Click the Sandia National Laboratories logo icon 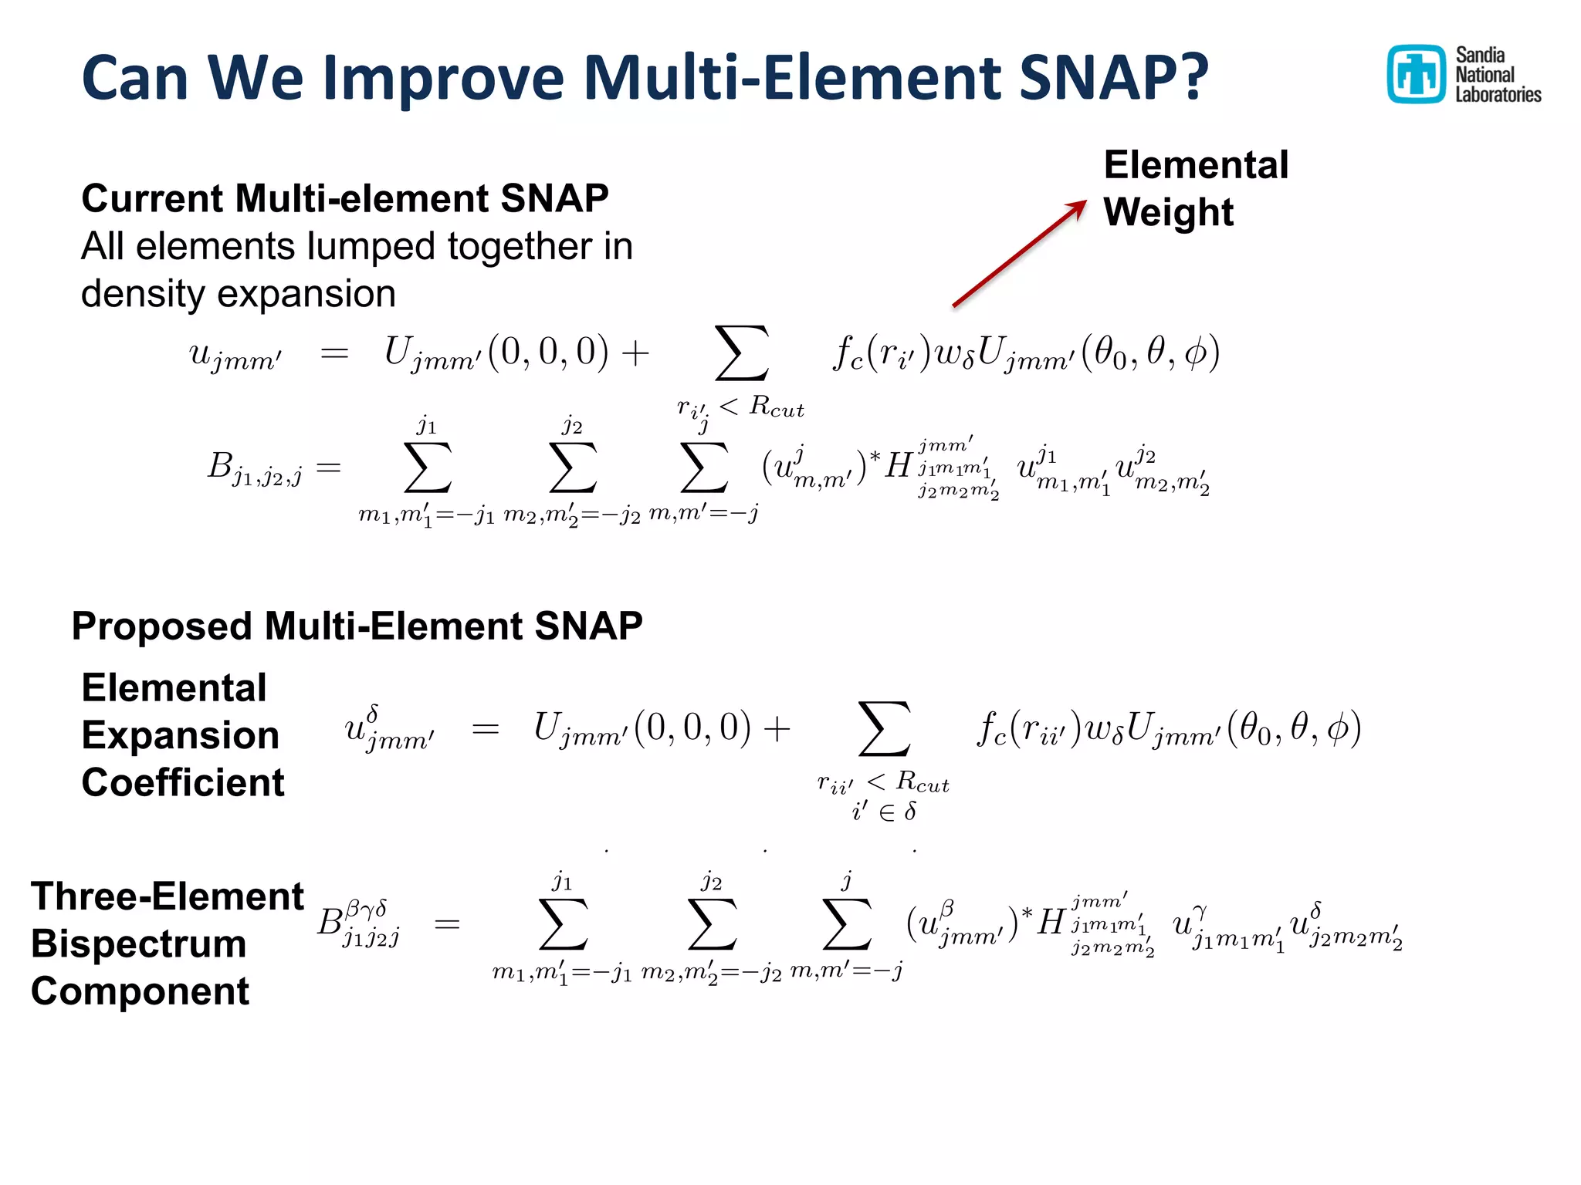click(1416, 74)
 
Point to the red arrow click(1019, 254)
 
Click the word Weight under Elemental click(1168, 212)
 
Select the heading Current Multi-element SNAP click(344, 199)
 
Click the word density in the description click(142, 295)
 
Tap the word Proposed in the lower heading click(161, 626)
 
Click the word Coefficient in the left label click(183, 783)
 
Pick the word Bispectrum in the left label click(139, 944)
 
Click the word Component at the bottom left click(140, 991)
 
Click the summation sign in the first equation click(741, 353)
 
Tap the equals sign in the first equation click(334, 353)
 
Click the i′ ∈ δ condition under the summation click(884, 812)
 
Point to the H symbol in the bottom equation click(1051, 922)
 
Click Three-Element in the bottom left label click(168, 897)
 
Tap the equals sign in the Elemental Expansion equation click(486, 729)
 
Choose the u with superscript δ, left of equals click(388, 728)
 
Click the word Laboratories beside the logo click(1498, 95)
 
